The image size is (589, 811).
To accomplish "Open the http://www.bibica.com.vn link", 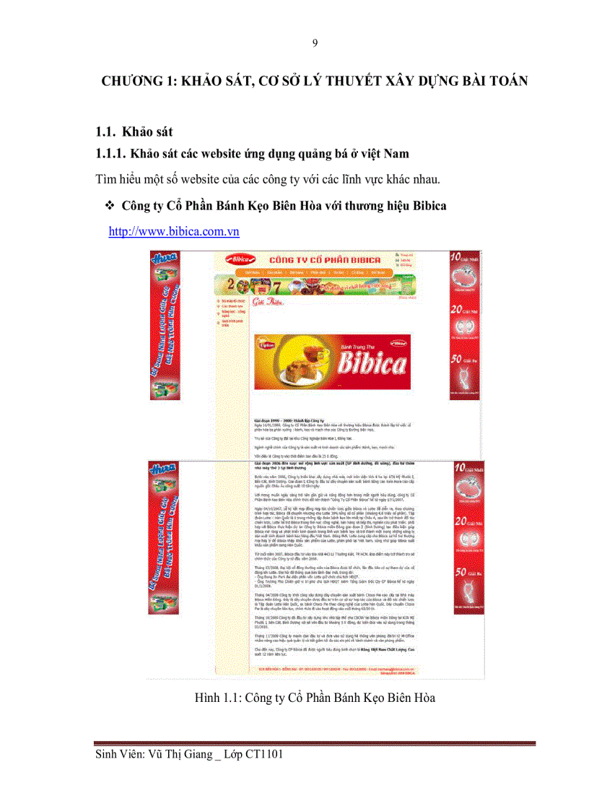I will [173, 232].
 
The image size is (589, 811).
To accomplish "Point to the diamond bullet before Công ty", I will [110, 207].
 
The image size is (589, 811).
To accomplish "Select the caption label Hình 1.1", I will [217, 698].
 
